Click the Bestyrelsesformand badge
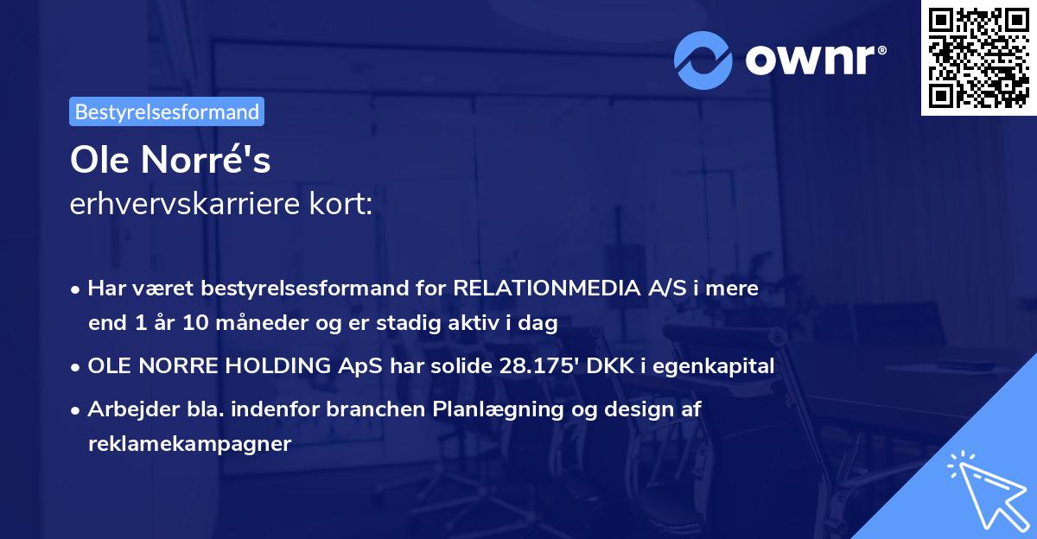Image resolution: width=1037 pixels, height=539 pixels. coord(166,111)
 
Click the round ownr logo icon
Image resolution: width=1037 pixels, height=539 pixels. coord(704,60)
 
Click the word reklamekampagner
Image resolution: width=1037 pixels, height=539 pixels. coord(190,444)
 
